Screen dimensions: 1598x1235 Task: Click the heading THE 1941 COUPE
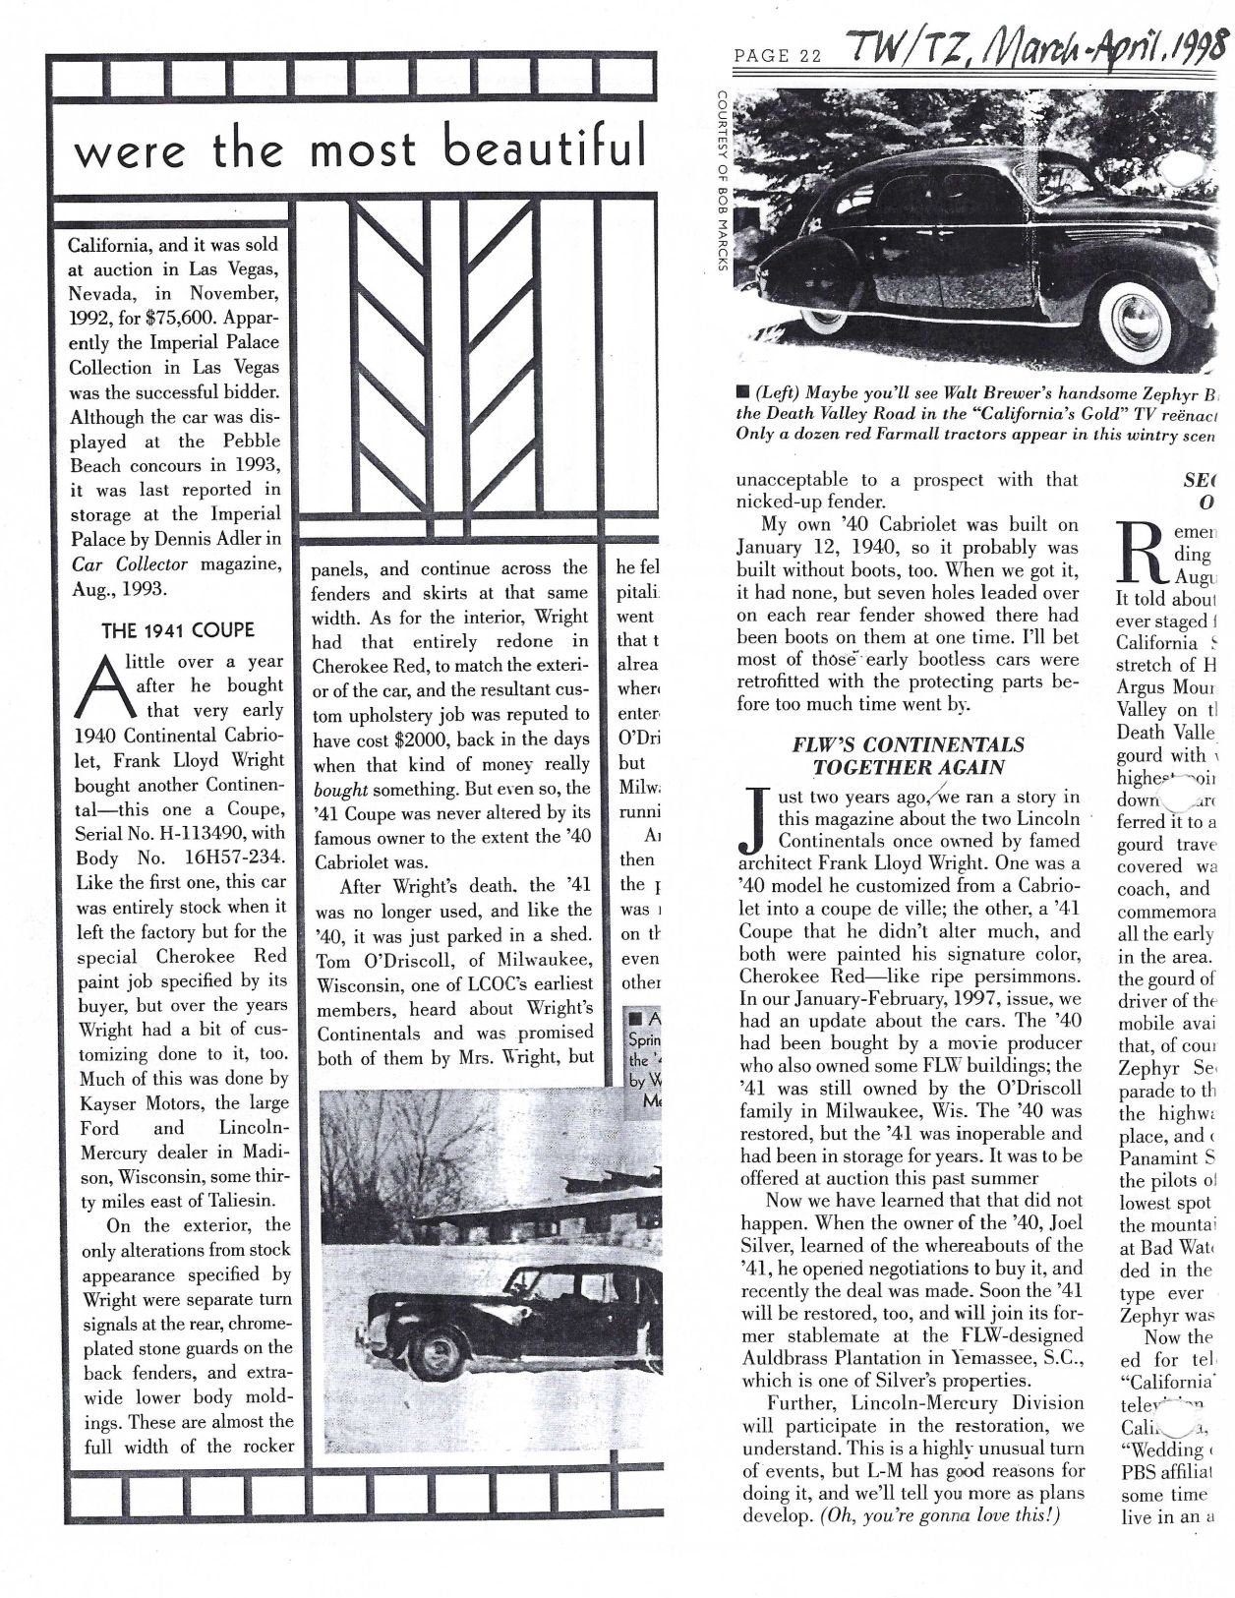click(177, 630)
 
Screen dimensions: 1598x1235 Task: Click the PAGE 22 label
click(777, 56)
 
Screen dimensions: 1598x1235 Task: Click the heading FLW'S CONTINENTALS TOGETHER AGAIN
click(908, 756)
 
